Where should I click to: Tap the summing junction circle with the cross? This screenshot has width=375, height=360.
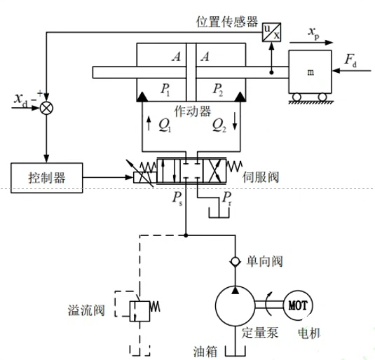pos(46,108)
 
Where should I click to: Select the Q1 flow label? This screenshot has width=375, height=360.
pos(164,125)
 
